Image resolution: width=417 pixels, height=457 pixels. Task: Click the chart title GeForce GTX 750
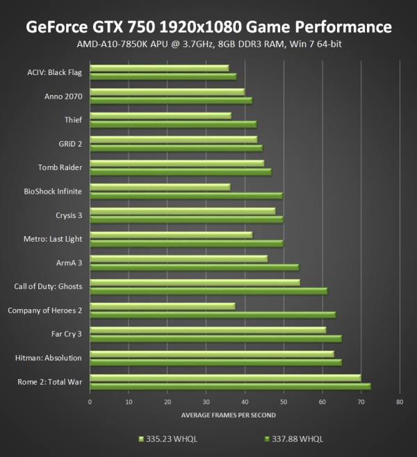pos(208,26)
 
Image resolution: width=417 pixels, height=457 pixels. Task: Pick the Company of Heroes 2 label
pos(45,310)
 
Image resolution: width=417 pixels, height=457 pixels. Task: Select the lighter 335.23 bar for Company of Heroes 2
pos(163,306)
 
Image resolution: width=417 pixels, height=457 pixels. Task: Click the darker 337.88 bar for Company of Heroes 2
pos(213,315)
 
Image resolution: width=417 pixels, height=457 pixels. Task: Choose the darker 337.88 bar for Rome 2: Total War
pos(230,386)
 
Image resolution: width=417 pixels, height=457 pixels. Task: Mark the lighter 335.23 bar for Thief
pos(161,115)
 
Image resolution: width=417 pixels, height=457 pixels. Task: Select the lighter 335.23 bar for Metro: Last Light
pos(171,235)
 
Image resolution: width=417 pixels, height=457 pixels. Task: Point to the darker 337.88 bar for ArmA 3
pos(195,267)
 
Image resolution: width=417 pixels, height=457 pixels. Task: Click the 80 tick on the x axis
pos(399,401)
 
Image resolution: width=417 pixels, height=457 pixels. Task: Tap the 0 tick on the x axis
pos(90,401)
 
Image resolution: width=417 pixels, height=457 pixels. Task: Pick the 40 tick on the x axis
pos(245,401)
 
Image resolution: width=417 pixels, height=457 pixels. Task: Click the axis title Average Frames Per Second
pos(228,415)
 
